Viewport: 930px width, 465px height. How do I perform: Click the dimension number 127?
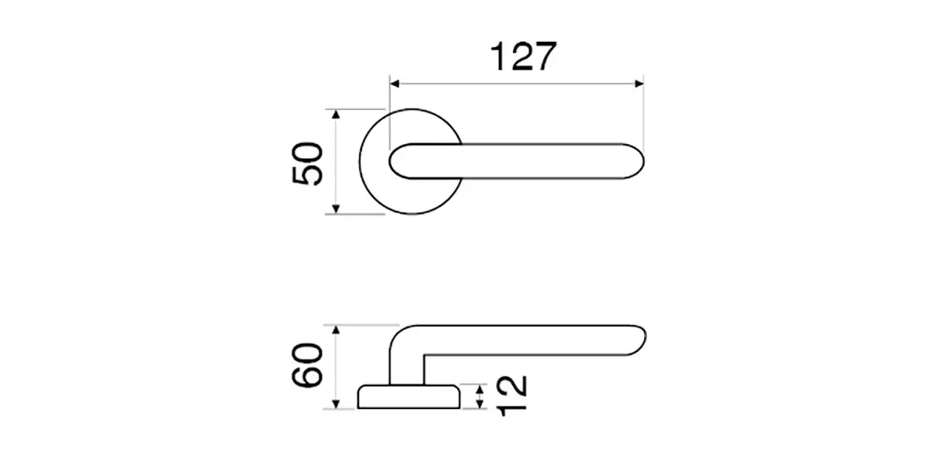[x=523, y=56]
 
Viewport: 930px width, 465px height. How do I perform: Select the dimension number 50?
[x=307, y=164]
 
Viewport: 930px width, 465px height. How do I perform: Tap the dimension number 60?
[x=307, y=365]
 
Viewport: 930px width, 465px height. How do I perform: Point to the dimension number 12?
[x=511, y=396]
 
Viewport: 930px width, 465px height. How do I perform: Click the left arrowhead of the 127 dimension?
[x=394, y=84]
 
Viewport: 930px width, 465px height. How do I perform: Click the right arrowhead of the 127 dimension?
[x=639, y=84]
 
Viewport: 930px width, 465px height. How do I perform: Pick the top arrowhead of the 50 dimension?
[x=336, y=114]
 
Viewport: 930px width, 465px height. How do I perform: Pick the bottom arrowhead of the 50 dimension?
[x=336, y=209]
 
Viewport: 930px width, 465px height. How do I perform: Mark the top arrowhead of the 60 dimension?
[x=336, y=330]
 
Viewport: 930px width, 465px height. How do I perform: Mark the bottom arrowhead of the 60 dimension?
[x=336, y=404]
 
